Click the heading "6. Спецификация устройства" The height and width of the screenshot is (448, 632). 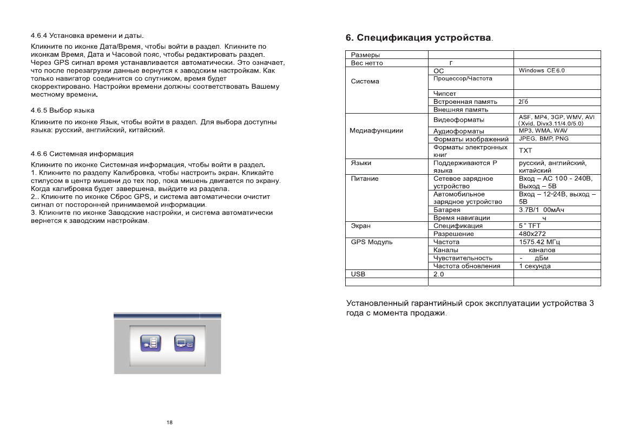(x=419, y=38)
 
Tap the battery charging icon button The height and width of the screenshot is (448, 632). (x=151, y=344)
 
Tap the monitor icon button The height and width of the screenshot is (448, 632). (x=184, y=344)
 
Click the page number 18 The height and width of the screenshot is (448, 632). (x=169, y=423)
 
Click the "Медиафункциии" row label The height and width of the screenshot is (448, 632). (x=377, y=131)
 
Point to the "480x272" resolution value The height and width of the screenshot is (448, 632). (x=532, y=234)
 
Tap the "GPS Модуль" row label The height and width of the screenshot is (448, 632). (x=372, y=242)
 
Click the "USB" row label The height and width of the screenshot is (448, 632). (x=358, y=274)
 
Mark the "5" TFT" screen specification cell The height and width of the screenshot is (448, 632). (x=531, y=226)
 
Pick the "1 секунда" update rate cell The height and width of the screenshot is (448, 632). (x=535, y=266)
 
